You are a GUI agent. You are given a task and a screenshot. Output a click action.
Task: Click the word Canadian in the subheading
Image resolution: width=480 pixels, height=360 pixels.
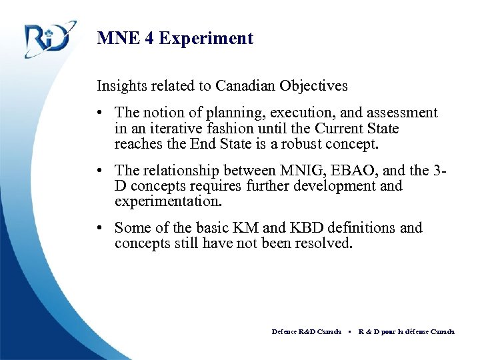click(x=225, y=86)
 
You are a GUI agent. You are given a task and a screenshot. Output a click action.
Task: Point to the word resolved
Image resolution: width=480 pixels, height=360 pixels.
click(x=323, y=243)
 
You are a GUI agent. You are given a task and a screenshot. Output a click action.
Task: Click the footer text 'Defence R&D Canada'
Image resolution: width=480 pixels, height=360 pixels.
click(x=306, y=331)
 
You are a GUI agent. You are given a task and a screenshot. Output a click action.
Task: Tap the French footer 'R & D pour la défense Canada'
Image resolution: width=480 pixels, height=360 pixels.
click(x=406, y=331)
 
